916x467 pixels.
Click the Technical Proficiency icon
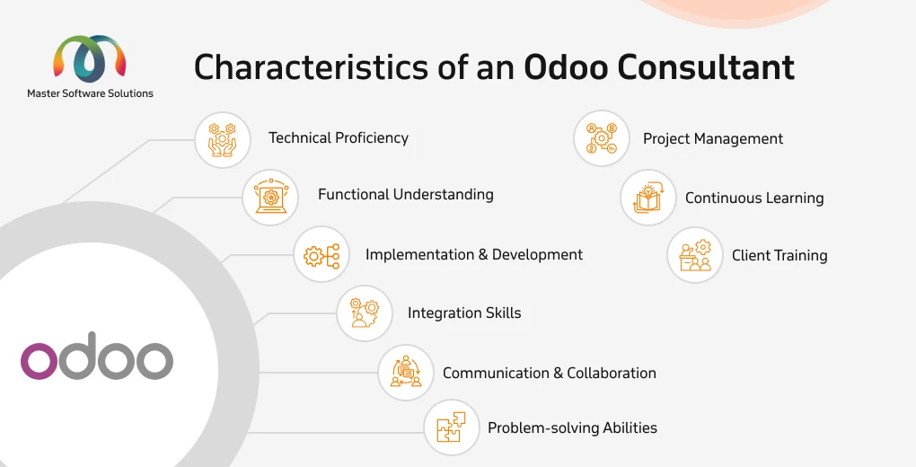tap(222, 140)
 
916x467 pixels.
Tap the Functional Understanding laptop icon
tap(270, 197)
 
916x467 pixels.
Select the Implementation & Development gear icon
tap(321, 255)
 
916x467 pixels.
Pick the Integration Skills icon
tap(364, 313)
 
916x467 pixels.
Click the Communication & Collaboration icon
tap(405, 372)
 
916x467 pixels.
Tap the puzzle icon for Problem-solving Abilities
tap(451, 427)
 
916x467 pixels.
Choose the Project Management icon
tap(601, 138)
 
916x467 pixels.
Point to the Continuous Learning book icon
tap(647, 198)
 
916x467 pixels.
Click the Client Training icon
tap(695, 255)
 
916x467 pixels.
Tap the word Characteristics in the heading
tap(311, 66)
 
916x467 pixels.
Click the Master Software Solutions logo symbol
tap(90, 58)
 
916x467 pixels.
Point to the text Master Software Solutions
tap(90, 93)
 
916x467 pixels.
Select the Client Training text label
tap(779, 255)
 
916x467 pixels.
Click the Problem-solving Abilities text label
tap(573, 427)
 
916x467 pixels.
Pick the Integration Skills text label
tap(464, 313)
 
